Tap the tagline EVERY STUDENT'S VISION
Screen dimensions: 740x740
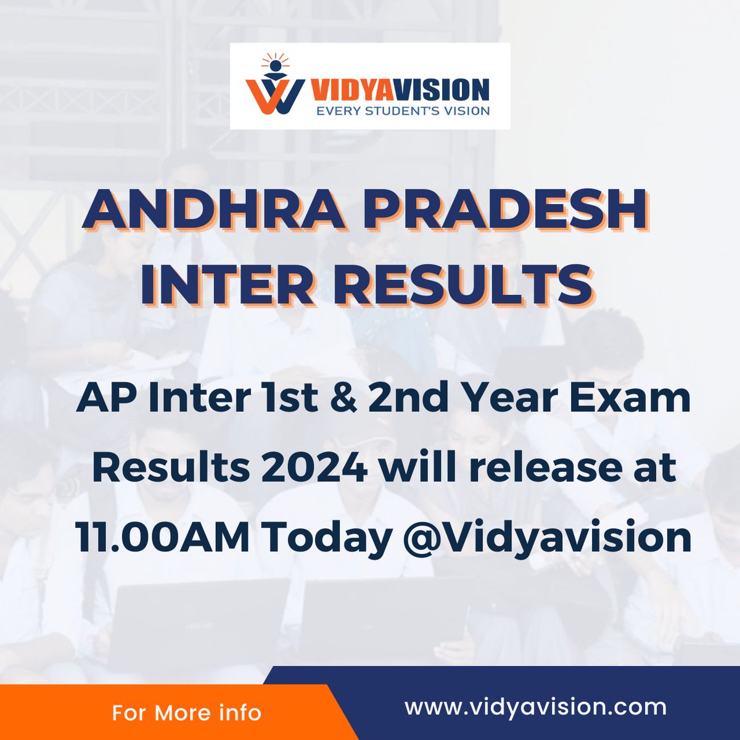(395, 111)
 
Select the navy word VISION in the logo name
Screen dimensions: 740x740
(442, 89)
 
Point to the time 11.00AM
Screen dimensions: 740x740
(163, 538)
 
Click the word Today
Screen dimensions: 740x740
(327, 538)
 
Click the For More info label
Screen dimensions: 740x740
(186, 713)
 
